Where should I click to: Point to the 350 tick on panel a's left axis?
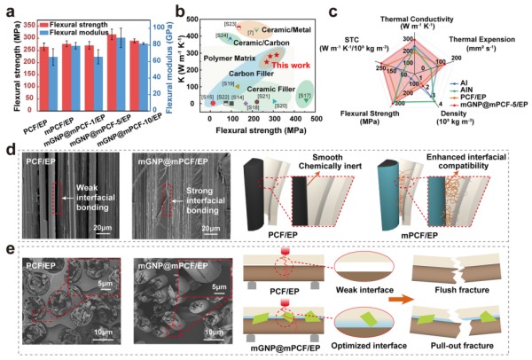[28, 17]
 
